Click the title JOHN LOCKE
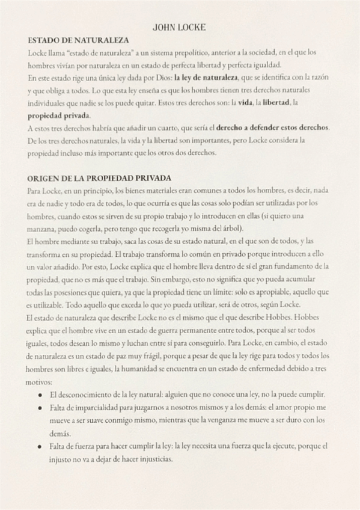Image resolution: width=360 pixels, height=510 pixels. (179, 28)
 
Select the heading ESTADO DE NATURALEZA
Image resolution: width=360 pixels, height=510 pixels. (79, 40)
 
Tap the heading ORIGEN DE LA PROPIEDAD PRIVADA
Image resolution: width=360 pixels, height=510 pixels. (99, 178)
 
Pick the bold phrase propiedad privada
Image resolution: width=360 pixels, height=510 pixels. (59, 115)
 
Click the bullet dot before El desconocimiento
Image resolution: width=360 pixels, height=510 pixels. (40, 395)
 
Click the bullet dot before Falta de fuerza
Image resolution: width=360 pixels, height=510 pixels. (40, 447)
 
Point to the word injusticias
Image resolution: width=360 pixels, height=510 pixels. (153, 459)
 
